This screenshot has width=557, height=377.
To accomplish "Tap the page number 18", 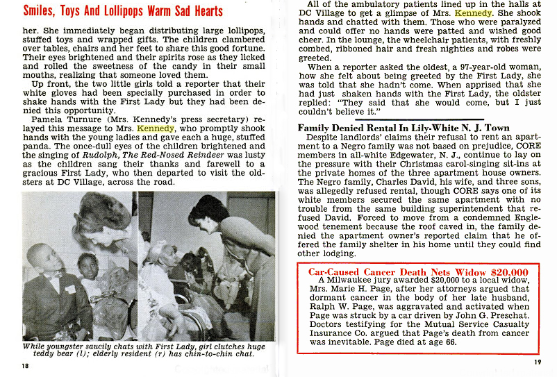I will (x=26, y=367).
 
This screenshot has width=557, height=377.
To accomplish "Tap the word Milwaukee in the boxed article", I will (x=354, y=280).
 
